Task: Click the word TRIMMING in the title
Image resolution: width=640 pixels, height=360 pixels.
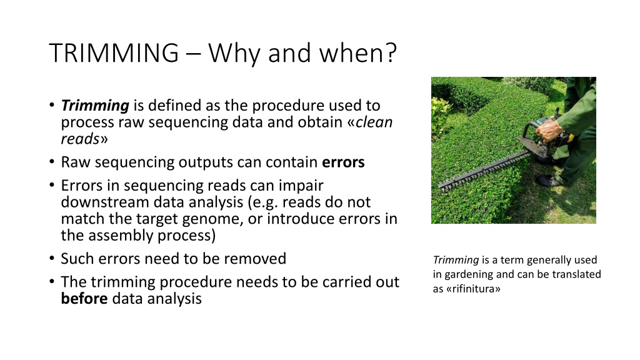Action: click(x=114, y=52)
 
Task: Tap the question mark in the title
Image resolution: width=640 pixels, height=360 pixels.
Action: click(x=391, y=52)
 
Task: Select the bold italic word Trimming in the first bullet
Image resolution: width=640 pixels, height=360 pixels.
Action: click(x=95, y=106)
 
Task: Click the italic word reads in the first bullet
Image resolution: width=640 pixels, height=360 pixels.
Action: click(x=80, y=139)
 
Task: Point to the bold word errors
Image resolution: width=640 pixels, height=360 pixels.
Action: click(x=343, y=162)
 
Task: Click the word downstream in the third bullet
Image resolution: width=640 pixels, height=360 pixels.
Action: click(x=105, y=202)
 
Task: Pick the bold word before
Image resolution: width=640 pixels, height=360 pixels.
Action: click(x=84, y=298)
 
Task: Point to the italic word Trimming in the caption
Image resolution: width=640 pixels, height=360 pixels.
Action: click(x=456, y=261)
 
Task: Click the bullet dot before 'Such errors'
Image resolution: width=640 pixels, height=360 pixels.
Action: click(x=51, y=258)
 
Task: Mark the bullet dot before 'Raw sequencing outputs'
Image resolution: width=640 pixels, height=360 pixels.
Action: click(x=51, y=162)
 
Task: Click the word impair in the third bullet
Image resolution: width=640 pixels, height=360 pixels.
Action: click(x=301, y=186)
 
